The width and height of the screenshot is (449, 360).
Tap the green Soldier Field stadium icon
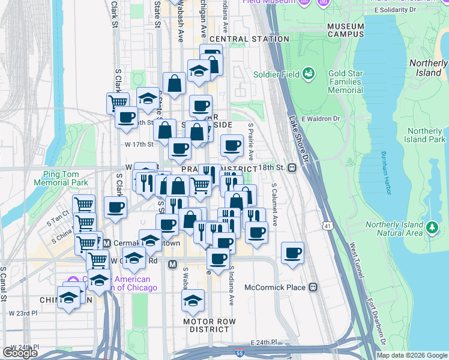click(x=309, y=74)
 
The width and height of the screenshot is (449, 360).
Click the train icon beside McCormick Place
click(x=313, y=287)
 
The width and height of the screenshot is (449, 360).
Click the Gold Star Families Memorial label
click(x=345, y=81)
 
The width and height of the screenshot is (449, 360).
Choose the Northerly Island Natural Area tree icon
click(x=432, y=227)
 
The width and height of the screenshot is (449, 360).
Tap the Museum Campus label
click(x=346, y=30)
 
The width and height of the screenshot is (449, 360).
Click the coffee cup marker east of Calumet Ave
click(x=292, y=253)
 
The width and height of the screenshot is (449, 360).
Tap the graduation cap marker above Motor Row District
click(x=193, y=301)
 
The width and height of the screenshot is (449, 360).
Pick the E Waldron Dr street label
click(x=321, y=119)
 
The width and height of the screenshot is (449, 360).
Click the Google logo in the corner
click(x=20, y=353)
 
